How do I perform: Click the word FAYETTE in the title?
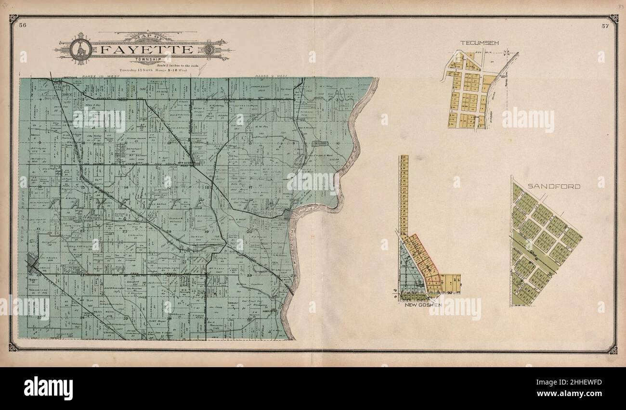click(142, 50)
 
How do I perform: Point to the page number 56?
click(22, 26)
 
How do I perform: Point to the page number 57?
click(605, 26)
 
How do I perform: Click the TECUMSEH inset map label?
click(479, 43)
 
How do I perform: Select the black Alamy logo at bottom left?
click(48, 388)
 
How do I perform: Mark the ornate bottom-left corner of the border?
click(13, 347)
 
